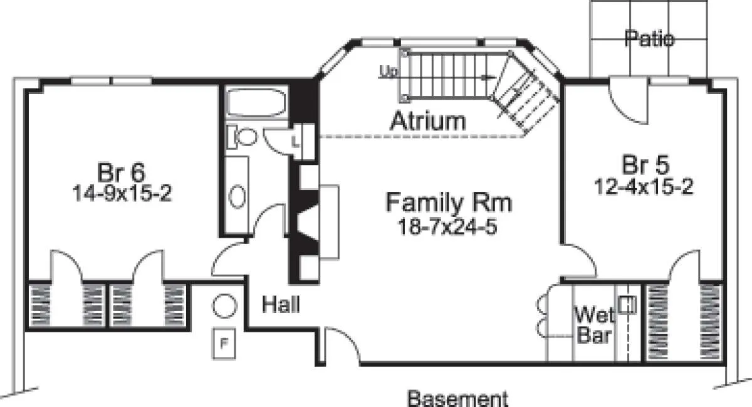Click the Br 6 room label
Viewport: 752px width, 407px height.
121,172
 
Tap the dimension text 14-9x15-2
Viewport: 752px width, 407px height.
122,193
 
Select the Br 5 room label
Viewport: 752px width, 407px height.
645,164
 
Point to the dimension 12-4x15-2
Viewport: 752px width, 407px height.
644,186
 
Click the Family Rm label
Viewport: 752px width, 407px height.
449,202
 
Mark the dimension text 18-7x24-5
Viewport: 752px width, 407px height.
447,226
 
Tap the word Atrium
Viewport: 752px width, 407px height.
428,120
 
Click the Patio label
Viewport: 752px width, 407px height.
649,38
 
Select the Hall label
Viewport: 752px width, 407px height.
281,304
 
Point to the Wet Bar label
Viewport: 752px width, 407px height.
594,325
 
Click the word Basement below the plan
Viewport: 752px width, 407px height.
457,399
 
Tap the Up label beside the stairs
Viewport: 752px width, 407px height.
389,71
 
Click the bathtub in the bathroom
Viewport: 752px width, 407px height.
256,102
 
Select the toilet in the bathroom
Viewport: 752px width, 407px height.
243,137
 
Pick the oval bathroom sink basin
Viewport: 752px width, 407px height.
237,196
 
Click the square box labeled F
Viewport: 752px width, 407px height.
224,344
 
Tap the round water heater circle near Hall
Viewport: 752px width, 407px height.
224,306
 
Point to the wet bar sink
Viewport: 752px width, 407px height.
627,305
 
